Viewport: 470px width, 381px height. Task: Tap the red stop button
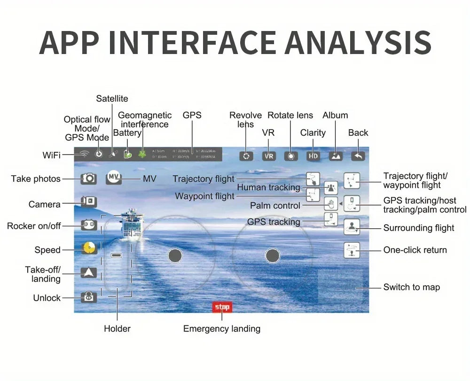click(x=222, y=307)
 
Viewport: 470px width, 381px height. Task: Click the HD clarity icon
click(x=313, y=156)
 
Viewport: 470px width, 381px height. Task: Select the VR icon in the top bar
click(x=269, y=156)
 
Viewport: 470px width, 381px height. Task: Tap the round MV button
click(x=114, y=177)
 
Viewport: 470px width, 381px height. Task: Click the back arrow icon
click(x=358, y=156)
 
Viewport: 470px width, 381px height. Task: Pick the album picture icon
click(x=336, y=156)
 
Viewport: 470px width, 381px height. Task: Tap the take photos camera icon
click(x=89, y=179)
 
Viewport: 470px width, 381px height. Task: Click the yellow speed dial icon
click(x=89, y=248)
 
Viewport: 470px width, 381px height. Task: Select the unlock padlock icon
click(x=89, y=297)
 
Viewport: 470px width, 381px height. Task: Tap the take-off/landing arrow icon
click(x=89, y=272)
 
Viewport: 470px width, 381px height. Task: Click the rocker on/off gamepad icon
click(x=89, y=225)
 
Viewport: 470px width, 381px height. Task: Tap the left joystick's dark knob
click(x=175, y=256)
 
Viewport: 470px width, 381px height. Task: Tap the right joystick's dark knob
click(x=273, y=256)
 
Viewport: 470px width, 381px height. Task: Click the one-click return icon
click(x=352, y=250)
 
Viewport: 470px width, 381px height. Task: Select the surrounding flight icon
click(x=352, y=227)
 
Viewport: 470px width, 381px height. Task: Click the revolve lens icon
click(x=246, y=156)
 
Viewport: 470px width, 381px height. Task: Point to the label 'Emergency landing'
click(x=222, y=329)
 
